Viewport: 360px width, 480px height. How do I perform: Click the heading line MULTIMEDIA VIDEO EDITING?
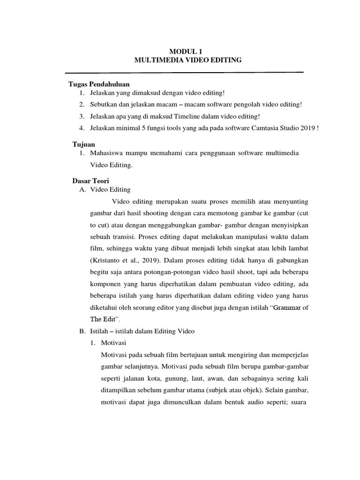187,60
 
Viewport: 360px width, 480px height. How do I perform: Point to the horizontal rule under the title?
184,73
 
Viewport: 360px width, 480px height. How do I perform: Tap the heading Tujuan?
83,144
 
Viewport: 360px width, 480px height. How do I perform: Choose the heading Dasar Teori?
90,180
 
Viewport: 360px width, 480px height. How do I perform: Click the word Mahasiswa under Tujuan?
108,153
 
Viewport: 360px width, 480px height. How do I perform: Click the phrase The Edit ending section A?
102,319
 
